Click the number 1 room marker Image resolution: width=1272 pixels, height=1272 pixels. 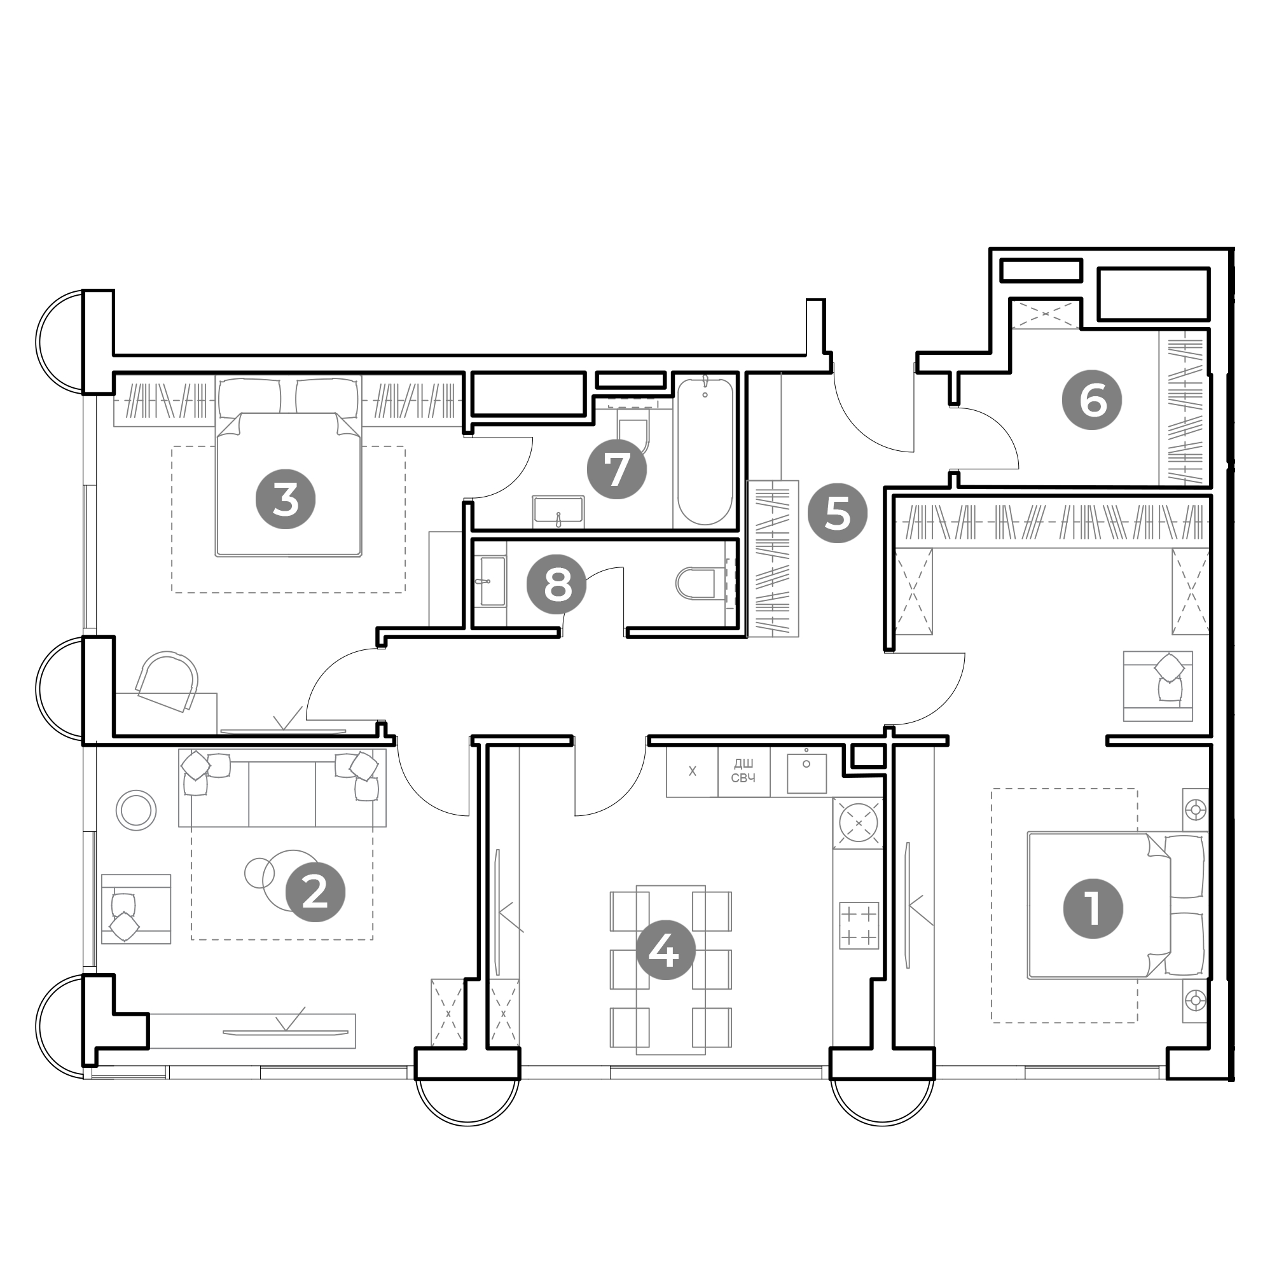pyautogui.click(x=1093, y=909)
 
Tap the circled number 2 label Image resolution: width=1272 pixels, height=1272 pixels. pyautogui.click(x=315, y=892)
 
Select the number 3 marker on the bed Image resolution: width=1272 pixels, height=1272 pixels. pyautogui.click(x=285, y=499)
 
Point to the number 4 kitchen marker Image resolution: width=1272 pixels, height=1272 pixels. pyautogui.click(x=665, y=950)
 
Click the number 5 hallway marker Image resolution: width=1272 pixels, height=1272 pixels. pyautogui.click(x=838, y=513)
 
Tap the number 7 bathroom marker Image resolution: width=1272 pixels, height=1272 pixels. pyautogui.click(x=617, y=469)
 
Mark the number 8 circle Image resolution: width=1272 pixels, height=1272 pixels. pyautogui.click(x=558, y=584)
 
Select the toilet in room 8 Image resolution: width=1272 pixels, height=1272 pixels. pyautogui.click(x=696, y=583)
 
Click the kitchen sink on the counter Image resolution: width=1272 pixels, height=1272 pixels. pyautogui.click(x=806, y=772)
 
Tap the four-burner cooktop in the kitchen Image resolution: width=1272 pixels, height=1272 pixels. pyautogui.click(x=859, y=925)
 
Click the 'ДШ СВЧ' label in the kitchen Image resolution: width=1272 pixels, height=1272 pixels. pyautogui.click(x=743, y=771)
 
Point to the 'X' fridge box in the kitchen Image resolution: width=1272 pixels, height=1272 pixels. pyautogui.click(x=692, y=771)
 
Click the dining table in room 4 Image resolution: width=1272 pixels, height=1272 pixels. pyautogui.click(x=670, y=970)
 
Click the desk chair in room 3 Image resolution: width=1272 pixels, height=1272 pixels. pyautogui.click(x=167, y=681)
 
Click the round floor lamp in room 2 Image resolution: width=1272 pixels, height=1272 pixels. pyautogui.click(x=136, y=810)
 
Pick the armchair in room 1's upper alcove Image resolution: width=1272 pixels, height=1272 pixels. pyautogui.click(x=1158, y=686)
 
